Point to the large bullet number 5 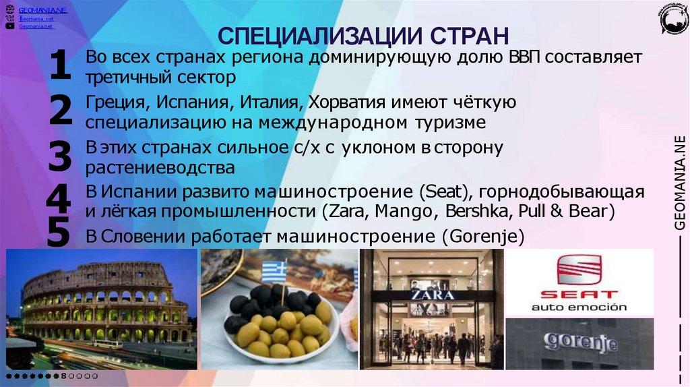[59, 234]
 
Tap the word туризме [449, 123]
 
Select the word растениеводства [160, 167]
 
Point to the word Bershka [476, 211]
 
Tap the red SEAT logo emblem [578, 270]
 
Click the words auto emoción [579, 307]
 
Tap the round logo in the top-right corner [673, 19]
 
